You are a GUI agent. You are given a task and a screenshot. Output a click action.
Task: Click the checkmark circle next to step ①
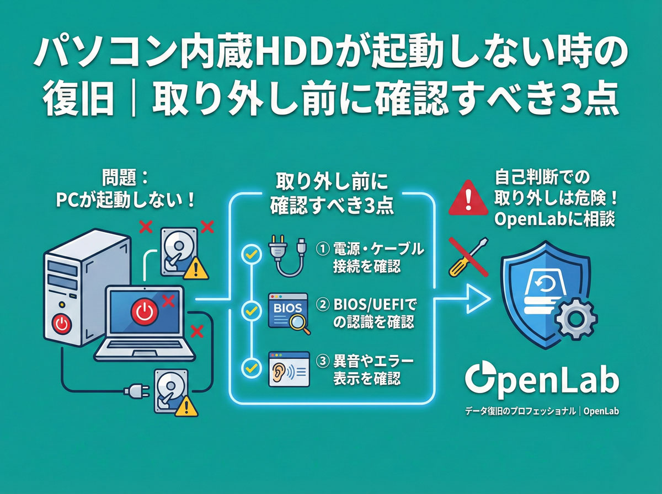251,255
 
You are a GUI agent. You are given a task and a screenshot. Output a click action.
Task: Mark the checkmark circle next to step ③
251,367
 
